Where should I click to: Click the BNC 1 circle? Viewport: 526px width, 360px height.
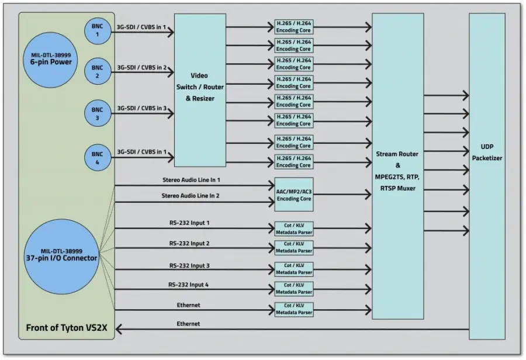point(97,31)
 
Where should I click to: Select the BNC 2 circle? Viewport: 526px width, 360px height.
point(97,72)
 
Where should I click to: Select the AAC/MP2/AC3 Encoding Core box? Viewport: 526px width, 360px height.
point(294,194)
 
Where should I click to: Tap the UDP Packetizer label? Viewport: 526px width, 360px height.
point(487,153)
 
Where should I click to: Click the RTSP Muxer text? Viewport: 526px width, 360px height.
point(397,188)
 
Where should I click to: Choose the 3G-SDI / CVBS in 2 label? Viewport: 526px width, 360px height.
point(142,67)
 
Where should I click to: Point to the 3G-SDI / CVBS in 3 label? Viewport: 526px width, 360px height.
point(142,108)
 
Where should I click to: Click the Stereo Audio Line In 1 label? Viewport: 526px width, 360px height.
point(191,180)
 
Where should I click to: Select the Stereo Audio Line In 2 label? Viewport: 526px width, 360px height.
point(191,196)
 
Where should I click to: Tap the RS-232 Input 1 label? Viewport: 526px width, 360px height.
point(189,223)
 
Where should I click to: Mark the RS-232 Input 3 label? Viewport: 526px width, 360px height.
point(189,266)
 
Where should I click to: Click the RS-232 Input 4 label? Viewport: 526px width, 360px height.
point(189,285)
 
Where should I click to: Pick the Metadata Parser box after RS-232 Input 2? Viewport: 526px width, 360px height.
point(294,247)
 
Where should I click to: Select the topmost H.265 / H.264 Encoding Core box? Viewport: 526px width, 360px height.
point(294,27)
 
